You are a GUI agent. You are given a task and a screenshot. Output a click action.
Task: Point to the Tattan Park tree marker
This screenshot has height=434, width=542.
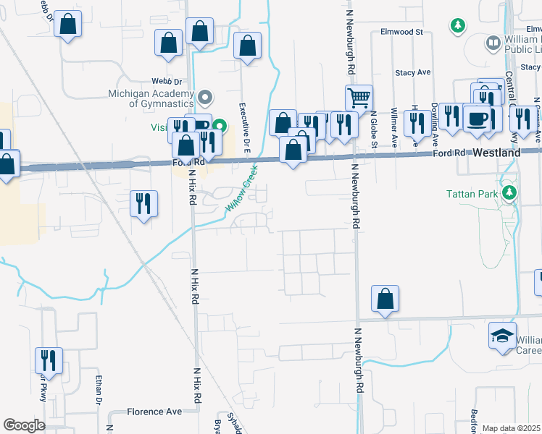(510, 192)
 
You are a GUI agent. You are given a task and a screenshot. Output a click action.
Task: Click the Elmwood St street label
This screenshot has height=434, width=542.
(402, 32)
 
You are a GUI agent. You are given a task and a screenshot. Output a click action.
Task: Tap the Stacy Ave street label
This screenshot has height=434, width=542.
(413, 72)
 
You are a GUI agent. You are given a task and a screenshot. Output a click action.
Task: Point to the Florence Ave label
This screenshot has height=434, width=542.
(154, 412)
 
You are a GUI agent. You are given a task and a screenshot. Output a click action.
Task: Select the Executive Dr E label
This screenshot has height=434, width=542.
(244, 122)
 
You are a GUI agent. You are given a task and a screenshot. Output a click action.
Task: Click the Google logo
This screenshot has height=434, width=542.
(23, 425)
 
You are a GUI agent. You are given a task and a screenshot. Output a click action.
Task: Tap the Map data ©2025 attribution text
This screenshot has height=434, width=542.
(512, 428)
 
